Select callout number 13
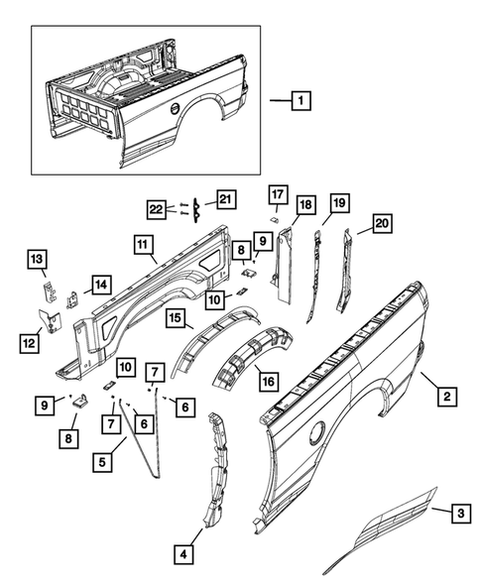coord(36,261)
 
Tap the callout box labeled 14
coord(99,286)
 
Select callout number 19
coord(338,204)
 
